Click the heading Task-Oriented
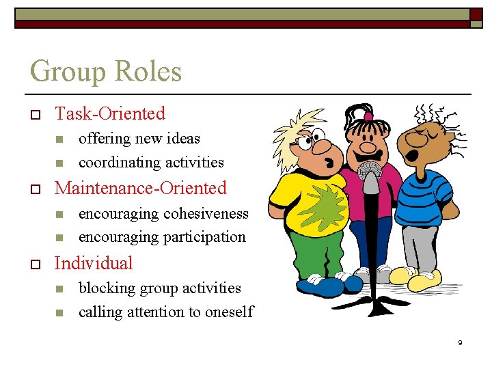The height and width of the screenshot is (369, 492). tap(109, 113)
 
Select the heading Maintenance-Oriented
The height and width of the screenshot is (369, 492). tap(140, 188)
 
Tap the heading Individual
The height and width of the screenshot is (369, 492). tap(93, 263)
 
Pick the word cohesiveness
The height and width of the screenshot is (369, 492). tap(206, 213)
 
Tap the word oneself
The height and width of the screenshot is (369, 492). tap(229, 312)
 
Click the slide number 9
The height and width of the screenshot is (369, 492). tap(460, 342)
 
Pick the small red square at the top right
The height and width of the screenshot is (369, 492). tap(476, 14)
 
